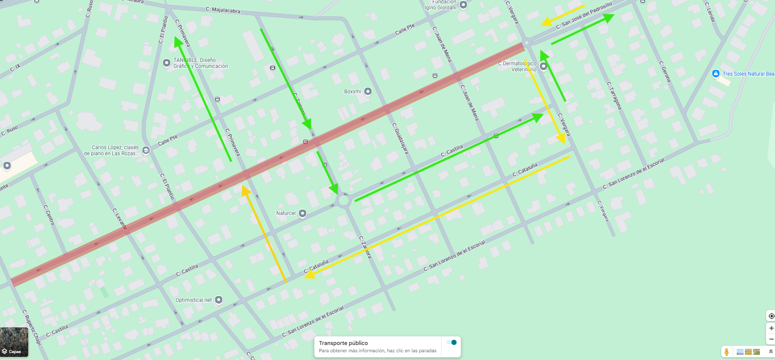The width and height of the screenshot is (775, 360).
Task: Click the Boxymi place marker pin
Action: (x=368, y=91)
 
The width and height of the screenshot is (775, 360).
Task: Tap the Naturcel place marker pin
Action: (x=302, y=213)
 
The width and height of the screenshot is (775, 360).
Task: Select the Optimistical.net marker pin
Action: (x=218, y=300)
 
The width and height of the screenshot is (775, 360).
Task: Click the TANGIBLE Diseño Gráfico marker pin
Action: (x=166, y=63)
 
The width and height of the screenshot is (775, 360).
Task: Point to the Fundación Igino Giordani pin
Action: (x=463, y=5)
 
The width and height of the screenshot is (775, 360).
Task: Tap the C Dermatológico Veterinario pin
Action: (x=543, y=66)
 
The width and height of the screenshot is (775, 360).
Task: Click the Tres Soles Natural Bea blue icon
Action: (x=716, y=74)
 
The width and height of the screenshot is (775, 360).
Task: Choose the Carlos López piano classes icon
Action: (x=146, y=150)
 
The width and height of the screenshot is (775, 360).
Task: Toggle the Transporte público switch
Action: (x=451, y=342)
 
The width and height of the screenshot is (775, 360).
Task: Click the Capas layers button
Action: (x=14, y=342)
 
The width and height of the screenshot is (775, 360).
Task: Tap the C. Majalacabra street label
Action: (x=223, y=9)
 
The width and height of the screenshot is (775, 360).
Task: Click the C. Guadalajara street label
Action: (x=400, y=138)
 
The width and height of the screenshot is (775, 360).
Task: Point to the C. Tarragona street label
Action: (x=614, y=95)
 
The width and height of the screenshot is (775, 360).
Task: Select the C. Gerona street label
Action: (x=665, y=71)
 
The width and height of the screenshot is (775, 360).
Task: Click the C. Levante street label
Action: (x=120, y=219)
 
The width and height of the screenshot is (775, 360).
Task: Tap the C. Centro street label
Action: (x=49, y=215)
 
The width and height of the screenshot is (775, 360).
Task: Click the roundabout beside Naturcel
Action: (x=344, y=200)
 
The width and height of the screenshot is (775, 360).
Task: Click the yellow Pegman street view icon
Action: (x=726, y=352)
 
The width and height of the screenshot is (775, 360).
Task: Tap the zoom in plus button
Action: (x=771, y=328)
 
